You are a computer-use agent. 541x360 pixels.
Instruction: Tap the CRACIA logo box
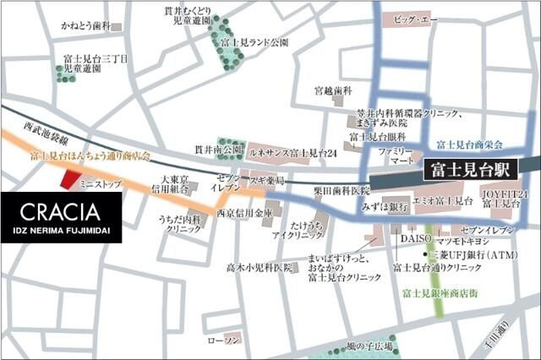click(61, 217)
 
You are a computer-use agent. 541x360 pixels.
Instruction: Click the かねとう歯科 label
click(85, 27)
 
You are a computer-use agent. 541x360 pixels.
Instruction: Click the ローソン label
click(224, 340)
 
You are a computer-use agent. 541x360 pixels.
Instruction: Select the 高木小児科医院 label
click(258, 267)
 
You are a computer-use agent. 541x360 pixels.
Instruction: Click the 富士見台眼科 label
click(377, 136)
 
